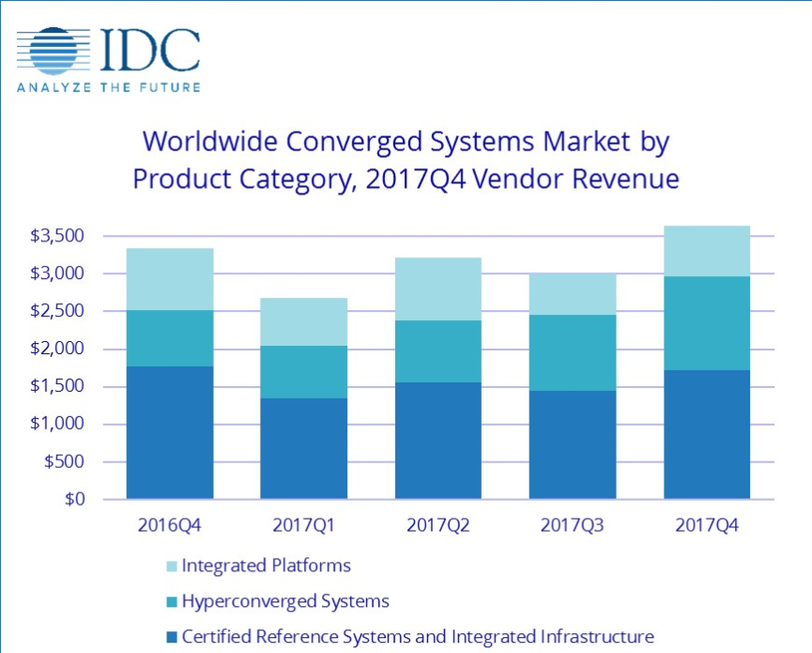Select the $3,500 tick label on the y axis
pos(55,236)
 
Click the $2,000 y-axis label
pos(55,349)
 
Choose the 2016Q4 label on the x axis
pos(170,525)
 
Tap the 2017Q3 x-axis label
pos(573,525)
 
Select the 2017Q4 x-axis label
pos(707,525)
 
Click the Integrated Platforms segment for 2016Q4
pos(170,279)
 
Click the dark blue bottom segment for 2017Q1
pos(304,448)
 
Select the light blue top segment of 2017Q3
pos(573,294)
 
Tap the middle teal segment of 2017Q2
pos(438,351)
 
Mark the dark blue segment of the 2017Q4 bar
pos(707,434)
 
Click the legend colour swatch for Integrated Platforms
pos(169,567)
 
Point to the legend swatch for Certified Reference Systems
pos(169,636)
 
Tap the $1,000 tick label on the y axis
pos(55,424)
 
